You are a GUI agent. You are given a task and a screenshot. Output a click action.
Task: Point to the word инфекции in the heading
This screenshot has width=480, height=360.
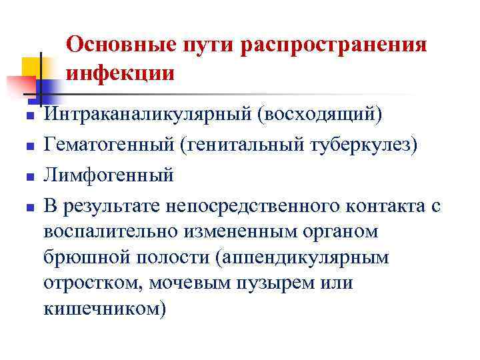[x=121, y=72]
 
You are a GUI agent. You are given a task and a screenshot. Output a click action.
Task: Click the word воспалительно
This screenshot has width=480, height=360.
[x=111, y=233]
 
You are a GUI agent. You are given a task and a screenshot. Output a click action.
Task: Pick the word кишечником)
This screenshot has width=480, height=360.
[x=103, y=309]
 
